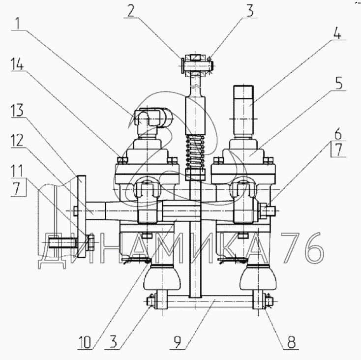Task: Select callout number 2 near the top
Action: point(131,11)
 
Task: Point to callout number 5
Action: point(339,84)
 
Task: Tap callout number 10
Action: point(85,342)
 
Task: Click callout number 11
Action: point(17,171)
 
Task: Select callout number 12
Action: point(17,141)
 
